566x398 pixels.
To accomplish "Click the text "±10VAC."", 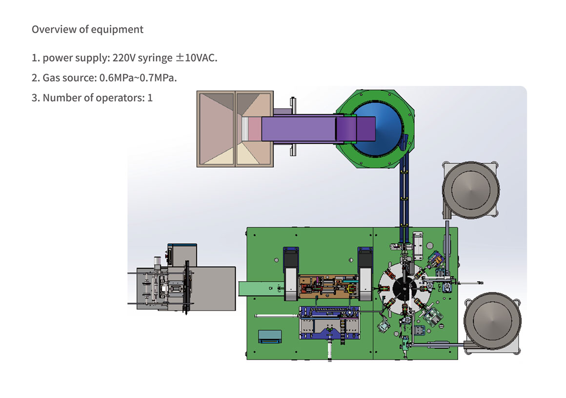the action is tap(197, 58).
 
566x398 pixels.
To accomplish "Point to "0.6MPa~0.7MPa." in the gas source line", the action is tap(138, 78).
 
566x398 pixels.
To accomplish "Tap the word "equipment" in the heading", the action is tap(117, 30).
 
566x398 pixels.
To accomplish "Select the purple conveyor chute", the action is tap(318, 129).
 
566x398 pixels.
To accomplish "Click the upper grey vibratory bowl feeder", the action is tap(471, 190).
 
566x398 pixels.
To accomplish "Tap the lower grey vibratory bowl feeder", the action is tap(492, 321).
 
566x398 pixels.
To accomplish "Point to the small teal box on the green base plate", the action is tap(270, 336).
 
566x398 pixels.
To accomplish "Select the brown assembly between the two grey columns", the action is tap(328, 286).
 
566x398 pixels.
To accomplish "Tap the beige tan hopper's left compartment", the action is tap(216, 129).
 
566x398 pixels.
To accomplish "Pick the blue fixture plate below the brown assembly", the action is tap(329, 322).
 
